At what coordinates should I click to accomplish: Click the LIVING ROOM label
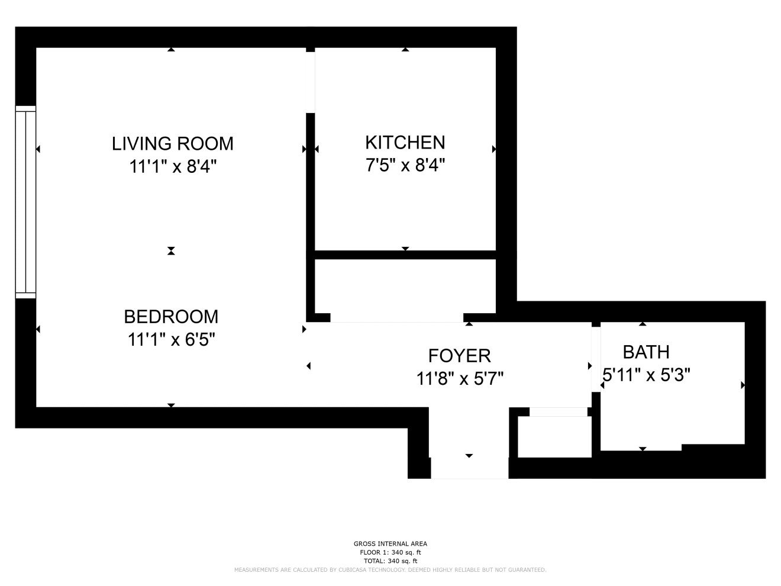[173, 144]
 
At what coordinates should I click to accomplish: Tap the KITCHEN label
[405, 143]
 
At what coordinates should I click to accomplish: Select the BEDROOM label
[171, 317]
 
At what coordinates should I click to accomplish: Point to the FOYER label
[459, 356]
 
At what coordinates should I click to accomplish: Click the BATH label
[646, 352]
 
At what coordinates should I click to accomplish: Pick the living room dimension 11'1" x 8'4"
[173, 166]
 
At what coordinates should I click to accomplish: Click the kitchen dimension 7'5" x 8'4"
[405, 165]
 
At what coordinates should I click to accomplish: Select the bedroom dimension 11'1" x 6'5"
[171, 339]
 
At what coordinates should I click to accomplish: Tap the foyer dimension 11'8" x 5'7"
[460, 379]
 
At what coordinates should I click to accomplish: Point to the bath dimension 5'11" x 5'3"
[646, 375]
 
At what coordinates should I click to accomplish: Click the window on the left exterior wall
[25, 202]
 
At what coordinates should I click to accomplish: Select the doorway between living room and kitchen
[310, 82]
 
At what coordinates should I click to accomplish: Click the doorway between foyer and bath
[596, 359]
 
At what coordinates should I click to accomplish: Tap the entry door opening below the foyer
[470, 468]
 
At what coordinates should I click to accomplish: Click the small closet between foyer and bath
[554, 437]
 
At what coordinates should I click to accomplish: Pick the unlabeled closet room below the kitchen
[405, 286]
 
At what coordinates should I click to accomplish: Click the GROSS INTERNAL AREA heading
[390, 543]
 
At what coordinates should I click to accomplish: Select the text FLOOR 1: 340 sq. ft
[390, 552]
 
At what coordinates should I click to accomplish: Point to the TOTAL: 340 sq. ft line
[390, 561]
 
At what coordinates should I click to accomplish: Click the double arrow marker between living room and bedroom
[171, 251]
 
